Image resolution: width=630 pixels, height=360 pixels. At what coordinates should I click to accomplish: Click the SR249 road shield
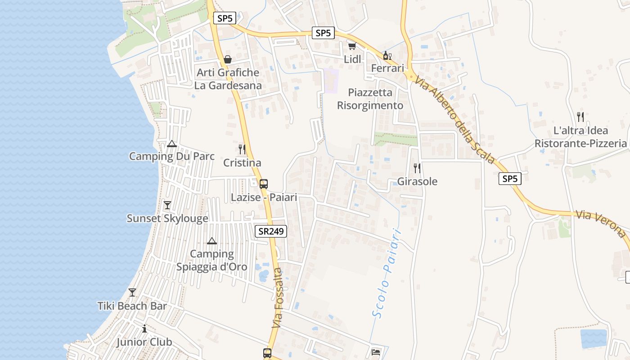pyautogui.click(x=271, y=231)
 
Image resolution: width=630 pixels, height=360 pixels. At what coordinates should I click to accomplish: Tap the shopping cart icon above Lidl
pyautogui.click(x=352, y=46)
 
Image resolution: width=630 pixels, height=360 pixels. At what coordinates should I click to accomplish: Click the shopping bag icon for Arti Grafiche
pyautogui.click(x=228, y=59)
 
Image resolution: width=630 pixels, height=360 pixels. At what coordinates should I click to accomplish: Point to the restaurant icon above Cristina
pyautogui.click(x=242, y=149)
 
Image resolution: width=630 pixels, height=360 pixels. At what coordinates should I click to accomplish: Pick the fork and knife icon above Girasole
pyautogui.click(x=417, y=168)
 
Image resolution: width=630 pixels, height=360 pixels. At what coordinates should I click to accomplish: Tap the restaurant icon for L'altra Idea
pyautogui.click(x=580, y=117)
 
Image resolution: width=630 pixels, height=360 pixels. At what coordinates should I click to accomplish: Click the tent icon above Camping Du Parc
pyautogui.click(x=171, y=144)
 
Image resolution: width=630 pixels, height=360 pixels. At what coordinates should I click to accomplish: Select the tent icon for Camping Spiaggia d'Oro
pyautogui.click(x=212, y=241)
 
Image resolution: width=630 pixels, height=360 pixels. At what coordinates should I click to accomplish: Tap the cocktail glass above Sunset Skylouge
pyautogui.click(x=167, y=205)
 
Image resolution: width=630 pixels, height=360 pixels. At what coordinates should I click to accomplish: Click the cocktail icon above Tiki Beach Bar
pyautogui.click(x=132, y=292)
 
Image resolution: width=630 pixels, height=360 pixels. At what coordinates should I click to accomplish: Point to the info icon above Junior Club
pyautogui.click(x=144, y=328)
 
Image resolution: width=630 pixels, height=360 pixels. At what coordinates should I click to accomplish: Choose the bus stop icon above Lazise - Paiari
pyautogui.click(x=264, y=184)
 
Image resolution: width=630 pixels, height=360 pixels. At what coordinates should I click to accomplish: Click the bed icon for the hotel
pyautogui.click(x=376, y=352)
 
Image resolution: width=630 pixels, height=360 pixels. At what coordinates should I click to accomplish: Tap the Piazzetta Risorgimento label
pyautogui.click(x=370, y=99)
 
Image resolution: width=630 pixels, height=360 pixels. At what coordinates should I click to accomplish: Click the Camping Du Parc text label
pyautogui.click(x=171, y=157)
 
